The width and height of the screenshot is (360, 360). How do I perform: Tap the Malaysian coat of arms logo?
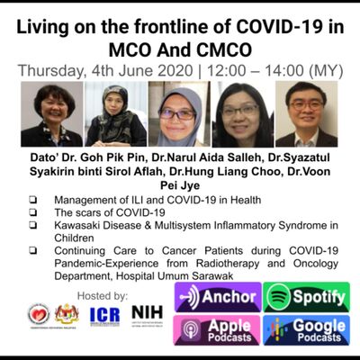pos(69,315)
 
